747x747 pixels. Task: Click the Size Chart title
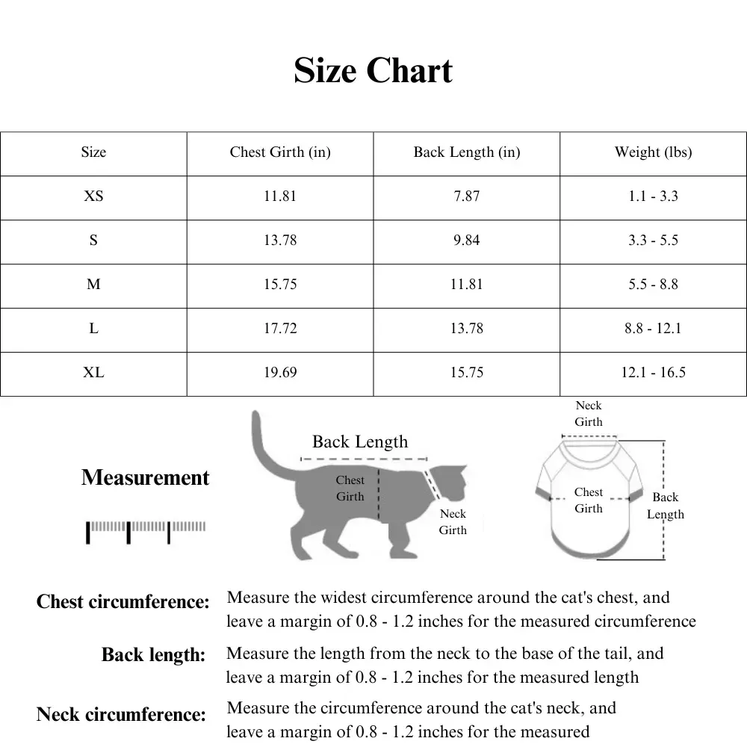373,71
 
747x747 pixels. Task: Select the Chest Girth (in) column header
280,152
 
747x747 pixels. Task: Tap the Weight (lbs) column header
653,152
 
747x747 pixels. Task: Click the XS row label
93,196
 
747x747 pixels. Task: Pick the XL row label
93,372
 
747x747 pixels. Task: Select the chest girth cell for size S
280,241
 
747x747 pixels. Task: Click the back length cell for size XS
467,196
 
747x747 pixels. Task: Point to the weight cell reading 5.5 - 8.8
653,285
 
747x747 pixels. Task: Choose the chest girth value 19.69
280,372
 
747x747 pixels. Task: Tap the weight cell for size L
653,329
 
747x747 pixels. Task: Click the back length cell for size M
467,285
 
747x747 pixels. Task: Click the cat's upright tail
261,441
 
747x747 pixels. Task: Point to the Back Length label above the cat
360,441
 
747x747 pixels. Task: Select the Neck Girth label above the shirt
589,414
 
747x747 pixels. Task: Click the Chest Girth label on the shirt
589,500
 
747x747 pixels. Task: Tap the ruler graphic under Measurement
146,530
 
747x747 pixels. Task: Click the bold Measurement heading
146,478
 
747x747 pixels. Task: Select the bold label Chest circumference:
123,602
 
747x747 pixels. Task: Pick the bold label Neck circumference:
121,715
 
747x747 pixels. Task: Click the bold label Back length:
153,656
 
